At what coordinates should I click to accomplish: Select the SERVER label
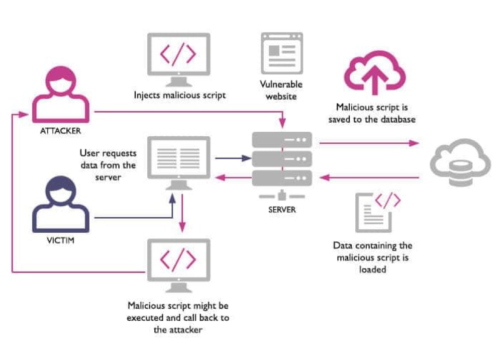click(x=281, y=209)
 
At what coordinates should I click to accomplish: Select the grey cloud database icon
click(x=459, y=163)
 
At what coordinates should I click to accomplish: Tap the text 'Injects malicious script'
click(x=178, y=95)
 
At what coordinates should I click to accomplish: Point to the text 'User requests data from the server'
click(x=108, y=165)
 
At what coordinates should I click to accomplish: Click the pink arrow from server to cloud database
click(x=369, y=143)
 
